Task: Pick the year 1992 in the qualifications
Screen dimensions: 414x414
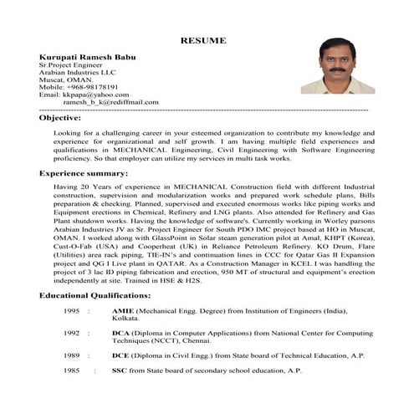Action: pos(71,332)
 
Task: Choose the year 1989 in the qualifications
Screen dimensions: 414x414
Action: pos(71,355)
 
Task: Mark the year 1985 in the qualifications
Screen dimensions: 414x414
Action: pos(71,370)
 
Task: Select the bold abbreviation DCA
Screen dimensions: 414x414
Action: pos(120,332)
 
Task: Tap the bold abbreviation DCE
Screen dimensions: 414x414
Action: pos(120,355)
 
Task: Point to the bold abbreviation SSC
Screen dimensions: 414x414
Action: pos(120,370)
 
